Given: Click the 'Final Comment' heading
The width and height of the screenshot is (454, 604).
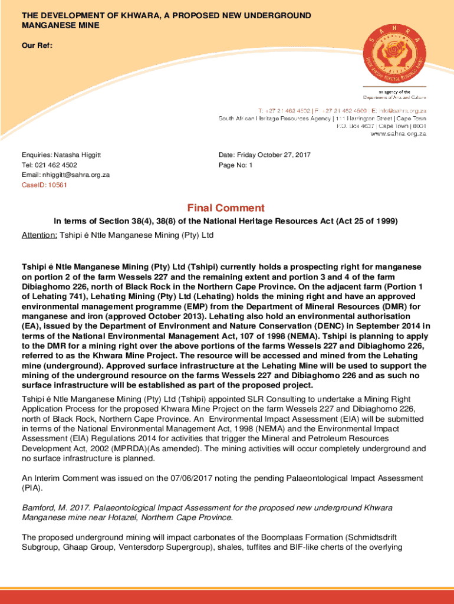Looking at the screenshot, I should point(226,208).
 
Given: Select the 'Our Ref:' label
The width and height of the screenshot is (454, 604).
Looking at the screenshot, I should point(36,45).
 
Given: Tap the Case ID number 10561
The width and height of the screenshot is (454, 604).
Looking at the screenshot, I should point(57,185).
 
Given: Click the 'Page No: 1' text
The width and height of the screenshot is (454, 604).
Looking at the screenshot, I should point(235,165).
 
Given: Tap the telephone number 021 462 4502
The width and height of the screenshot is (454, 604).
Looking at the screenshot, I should point(56,165).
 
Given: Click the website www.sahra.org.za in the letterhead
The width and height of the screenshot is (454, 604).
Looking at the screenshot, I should point(398,134).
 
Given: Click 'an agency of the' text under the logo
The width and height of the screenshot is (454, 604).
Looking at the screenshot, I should point(394,92).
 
